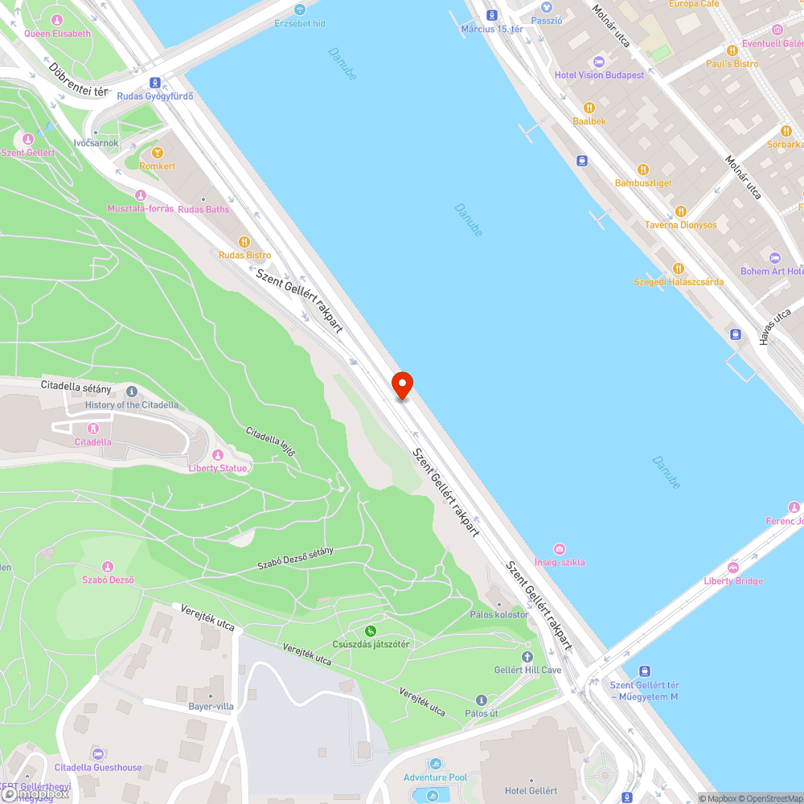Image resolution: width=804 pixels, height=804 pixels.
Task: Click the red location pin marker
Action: point(401,384)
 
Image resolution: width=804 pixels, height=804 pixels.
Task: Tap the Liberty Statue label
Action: point(218,468)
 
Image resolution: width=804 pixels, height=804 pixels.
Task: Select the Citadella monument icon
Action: point(93,429)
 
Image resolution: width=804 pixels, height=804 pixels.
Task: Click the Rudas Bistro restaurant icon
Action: point(245,241)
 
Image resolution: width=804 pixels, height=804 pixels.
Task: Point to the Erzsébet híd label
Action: point(300,23)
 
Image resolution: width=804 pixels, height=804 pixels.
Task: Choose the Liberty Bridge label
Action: point(733,580)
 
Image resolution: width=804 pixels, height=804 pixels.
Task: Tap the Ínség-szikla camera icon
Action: point(560,548)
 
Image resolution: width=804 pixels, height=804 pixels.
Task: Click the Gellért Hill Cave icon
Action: point(527,656)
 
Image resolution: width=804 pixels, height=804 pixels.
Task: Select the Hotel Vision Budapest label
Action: point(599,75)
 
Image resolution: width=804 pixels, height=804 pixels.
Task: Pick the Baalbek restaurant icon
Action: point(589,107)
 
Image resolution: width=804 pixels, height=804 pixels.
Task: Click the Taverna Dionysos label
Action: point(680,225)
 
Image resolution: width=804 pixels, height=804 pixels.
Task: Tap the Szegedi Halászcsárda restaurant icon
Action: point(679,269)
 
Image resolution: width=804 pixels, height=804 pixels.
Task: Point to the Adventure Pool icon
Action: point(435,764)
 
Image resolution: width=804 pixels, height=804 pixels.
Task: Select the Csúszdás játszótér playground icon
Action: point(371,630)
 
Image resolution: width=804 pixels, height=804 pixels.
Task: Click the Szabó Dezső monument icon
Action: point(108,567)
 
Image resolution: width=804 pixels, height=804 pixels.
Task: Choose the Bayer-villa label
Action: point(211,706)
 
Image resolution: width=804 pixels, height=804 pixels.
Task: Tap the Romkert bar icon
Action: point(157,152)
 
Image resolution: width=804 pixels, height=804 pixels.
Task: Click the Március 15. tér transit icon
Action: point(492,15)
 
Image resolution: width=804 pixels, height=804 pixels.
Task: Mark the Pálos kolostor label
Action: point(499,614)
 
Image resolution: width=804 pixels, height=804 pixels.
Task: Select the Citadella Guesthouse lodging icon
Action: point(98,753)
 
